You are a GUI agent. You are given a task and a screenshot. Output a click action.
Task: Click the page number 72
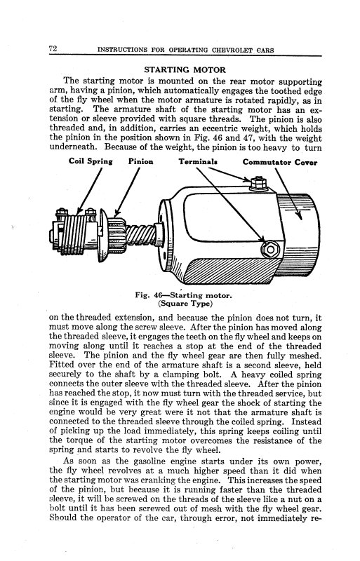point(53,48)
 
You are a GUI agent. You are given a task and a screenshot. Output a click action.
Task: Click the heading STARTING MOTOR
point(185,69)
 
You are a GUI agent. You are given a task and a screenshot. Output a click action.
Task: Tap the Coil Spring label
point(91,161)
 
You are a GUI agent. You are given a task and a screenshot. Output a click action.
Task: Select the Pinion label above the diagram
point(141,162)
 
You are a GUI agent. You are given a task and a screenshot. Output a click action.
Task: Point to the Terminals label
point(198,162)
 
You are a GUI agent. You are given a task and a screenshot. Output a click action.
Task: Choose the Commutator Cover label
point(280,162)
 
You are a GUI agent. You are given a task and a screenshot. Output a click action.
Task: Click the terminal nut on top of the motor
point(258,183)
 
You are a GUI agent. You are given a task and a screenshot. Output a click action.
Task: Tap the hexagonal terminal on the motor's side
point(270,249)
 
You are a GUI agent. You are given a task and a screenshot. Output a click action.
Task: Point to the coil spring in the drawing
point(74,234)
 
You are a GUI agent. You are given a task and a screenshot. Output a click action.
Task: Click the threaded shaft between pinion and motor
point(140,235)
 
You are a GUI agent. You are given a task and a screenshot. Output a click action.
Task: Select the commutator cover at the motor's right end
point(298,235)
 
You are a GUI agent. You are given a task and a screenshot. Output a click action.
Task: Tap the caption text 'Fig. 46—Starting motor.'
point(183,295)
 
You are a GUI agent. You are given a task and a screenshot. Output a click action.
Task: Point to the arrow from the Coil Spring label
point(90,191)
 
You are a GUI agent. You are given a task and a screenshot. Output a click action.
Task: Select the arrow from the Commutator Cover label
point(288,194)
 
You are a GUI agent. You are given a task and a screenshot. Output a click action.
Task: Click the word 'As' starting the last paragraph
point(69,461)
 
